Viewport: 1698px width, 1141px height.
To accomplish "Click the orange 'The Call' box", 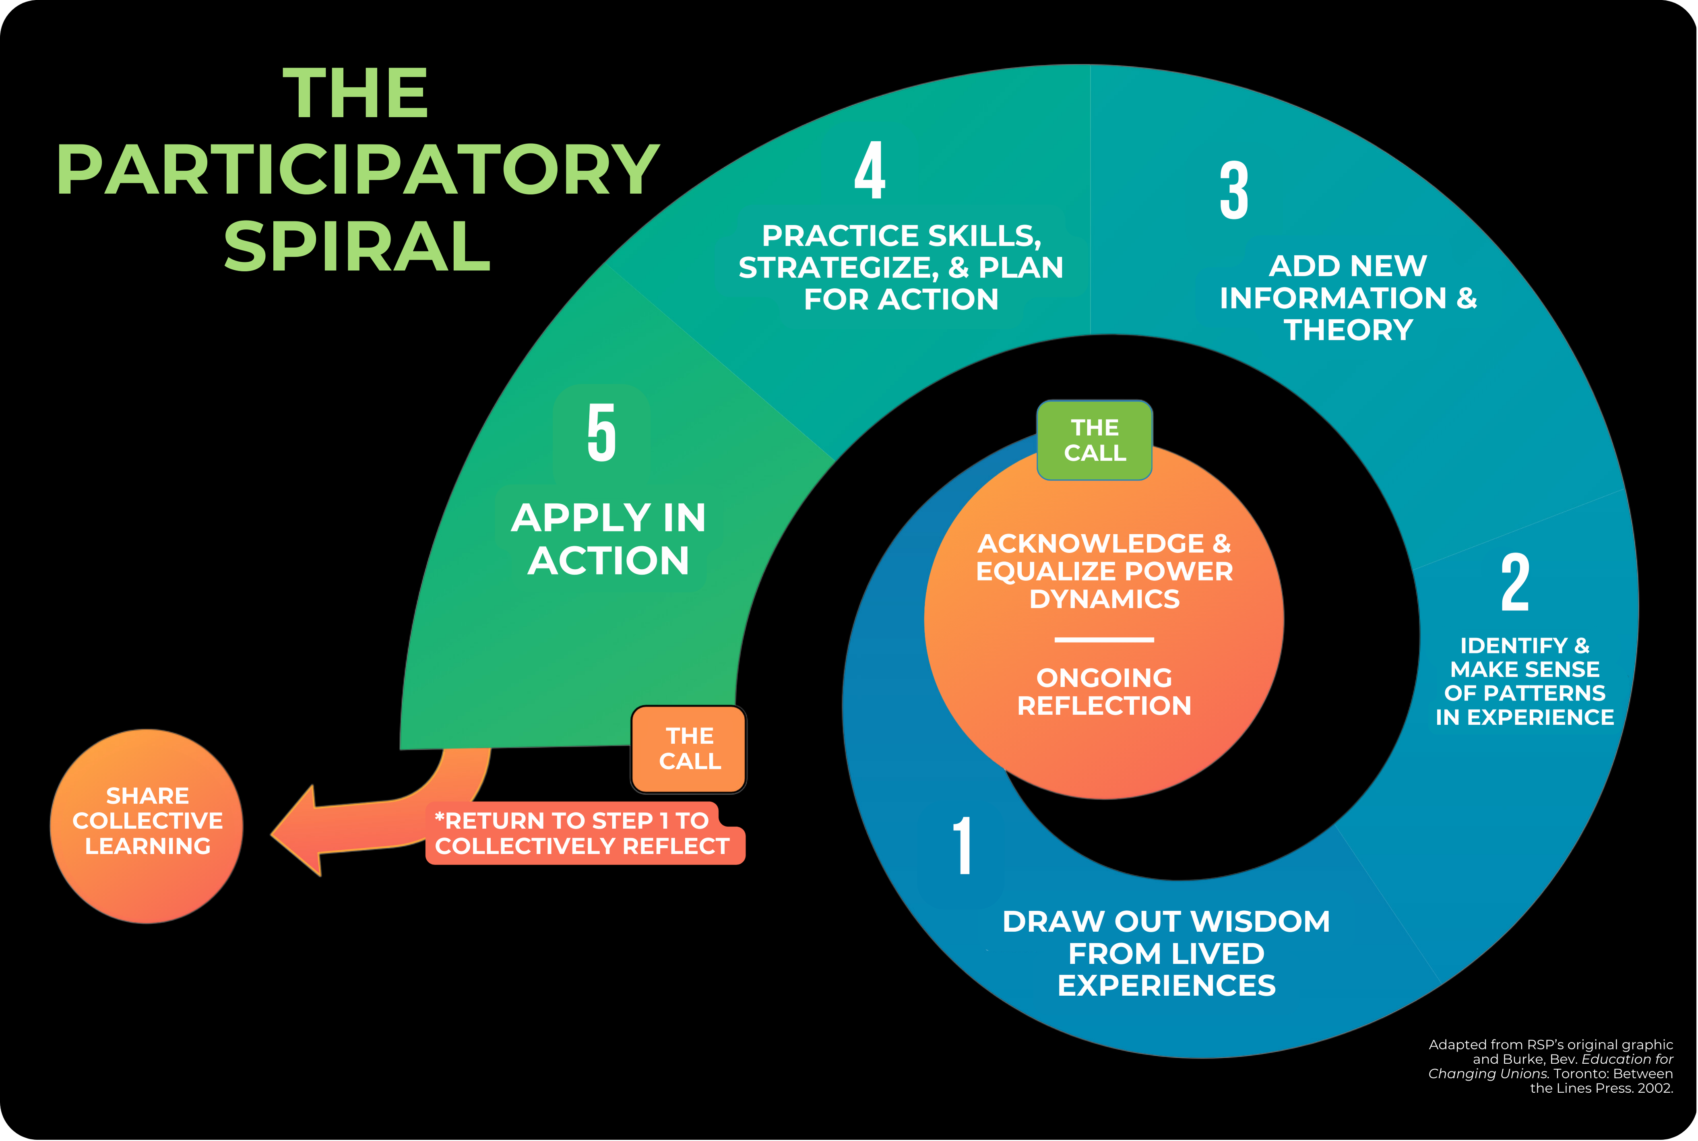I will pyautogui.click(x=689, y=749).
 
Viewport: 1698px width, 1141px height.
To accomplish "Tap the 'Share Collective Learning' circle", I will pyautogui.click(x=147, y=826).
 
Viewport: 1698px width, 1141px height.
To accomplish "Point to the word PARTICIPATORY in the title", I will pyautogui.click(x=358, y=169).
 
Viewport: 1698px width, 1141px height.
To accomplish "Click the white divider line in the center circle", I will pyautogui.click(x=1104, y=640).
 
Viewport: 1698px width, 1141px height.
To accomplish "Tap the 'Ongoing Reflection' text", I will pyautogui.click(x=1104, y=691).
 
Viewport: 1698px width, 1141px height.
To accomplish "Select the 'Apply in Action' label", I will pyautogui.click(x=608, y=539).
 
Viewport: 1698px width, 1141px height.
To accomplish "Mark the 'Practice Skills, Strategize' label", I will pyautogui.click(x=901, y=267).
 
